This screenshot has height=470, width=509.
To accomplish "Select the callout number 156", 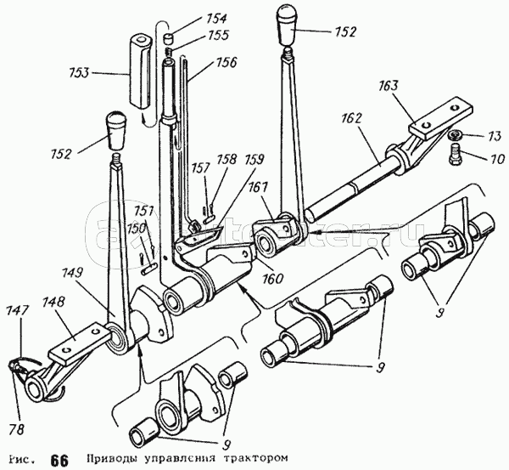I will pos(225,62).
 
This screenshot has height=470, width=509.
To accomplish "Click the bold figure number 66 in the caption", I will pos(59,460).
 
